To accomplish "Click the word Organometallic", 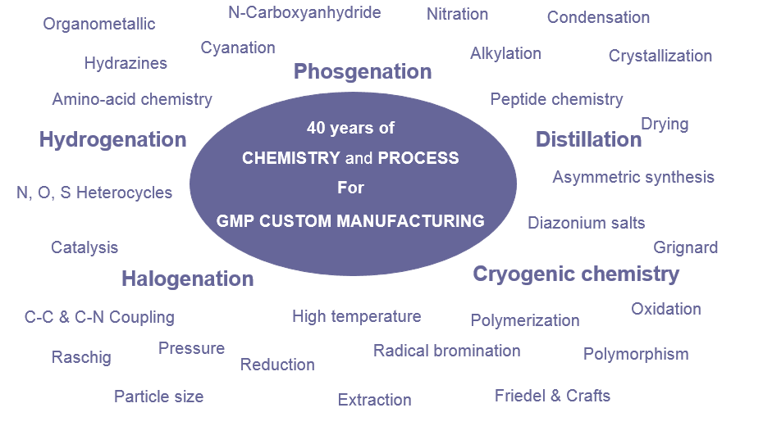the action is [x=98, y=24].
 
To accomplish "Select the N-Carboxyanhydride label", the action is [x=304, y=12].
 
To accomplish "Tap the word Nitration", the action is [x=458, y=14].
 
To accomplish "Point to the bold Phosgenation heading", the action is [x=363, y=72].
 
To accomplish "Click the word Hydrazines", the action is [x=126, y=63].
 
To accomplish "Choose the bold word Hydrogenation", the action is [x=113, y=140].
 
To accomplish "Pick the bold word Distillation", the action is [x=589, y=139].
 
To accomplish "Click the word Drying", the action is [x=665, y=125].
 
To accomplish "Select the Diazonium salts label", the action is [x=587, y=223].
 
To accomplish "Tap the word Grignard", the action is [x=686, y=247].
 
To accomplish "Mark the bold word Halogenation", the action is [x=188, y=279].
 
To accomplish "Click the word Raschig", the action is [x=81, y=358].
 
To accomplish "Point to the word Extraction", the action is [x=375, y=400].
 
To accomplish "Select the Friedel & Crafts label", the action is [x=552, y=396].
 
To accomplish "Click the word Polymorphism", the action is [x=636, y=355].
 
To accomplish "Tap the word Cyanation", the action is [x=238, y=48].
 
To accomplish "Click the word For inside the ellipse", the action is [x=351, y=188].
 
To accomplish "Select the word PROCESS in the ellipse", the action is [x=418, y=158].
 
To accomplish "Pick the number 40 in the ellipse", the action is [x=316, y=128].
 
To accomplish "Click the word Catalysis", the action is [x=85, y=247].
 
